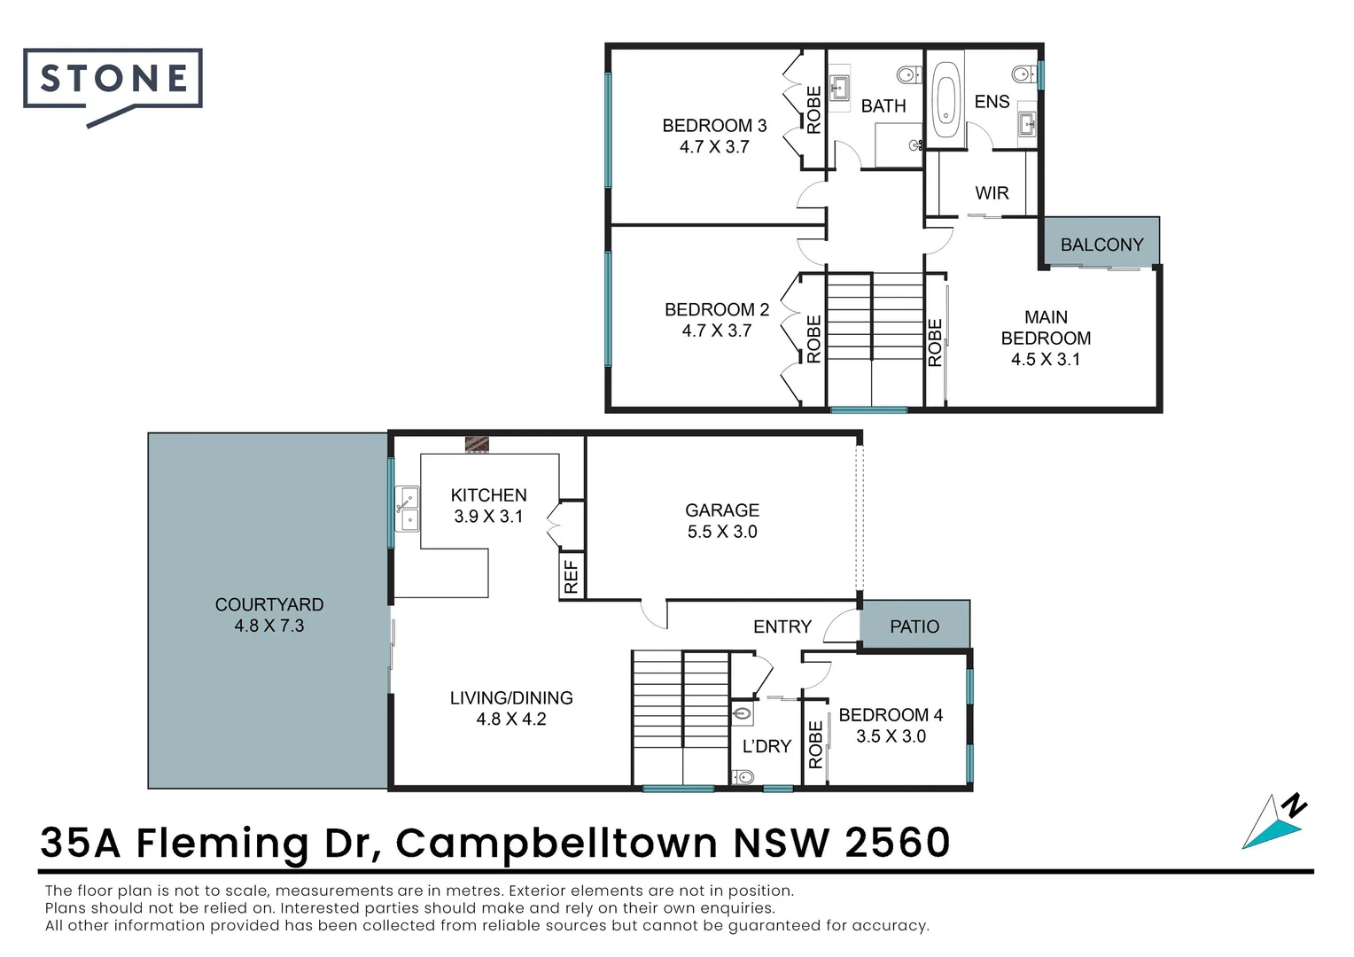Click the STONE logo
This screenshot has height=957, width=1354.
(x=113, y=80)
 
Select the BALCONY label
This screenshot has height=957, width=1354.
(x=1101, y=245)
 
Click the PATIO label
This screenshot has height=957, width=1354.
(x=914, y=626)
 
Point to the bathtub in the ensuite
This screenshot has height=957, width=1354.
(x=947, y=98)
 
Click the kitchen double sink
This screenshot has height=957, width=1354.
(x=408, y=510)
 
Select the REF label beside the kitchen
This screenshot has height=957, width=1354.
(x=572, y=576)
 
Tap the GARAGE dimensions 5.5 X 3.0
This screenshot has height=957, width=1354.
(x=722, y=532)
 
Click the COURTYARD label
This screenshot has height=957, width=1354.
(x=269, y=604)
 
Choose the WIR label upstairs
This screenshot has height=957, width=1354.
(x=992, y=193)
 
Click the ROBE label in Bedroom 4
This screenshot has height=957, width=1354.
(x=816, y=744)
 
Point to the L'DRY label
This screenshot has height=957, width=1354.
(x=766, y=746)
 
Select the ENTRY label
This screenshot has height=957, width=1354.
(x=782, y=626)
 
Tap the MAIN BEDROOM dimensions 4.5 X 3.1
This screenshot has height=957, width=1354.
(x=1046, y=359)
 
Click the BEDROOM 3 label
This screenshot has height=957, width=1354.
(x=714, y=126)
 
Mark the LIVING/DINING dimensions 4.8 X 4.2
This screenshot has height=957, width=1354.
(x=511, y=719)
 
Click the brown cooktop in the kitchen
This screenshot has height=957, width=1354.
(x=477, y=444)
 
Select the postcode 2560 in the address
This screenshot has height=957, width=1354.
(x=897, y=842)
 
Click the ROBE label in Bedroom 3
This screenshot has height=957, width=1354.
(x=813, y=110)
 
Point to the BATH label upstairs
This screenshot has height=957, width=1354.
(x=883, y=106)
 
